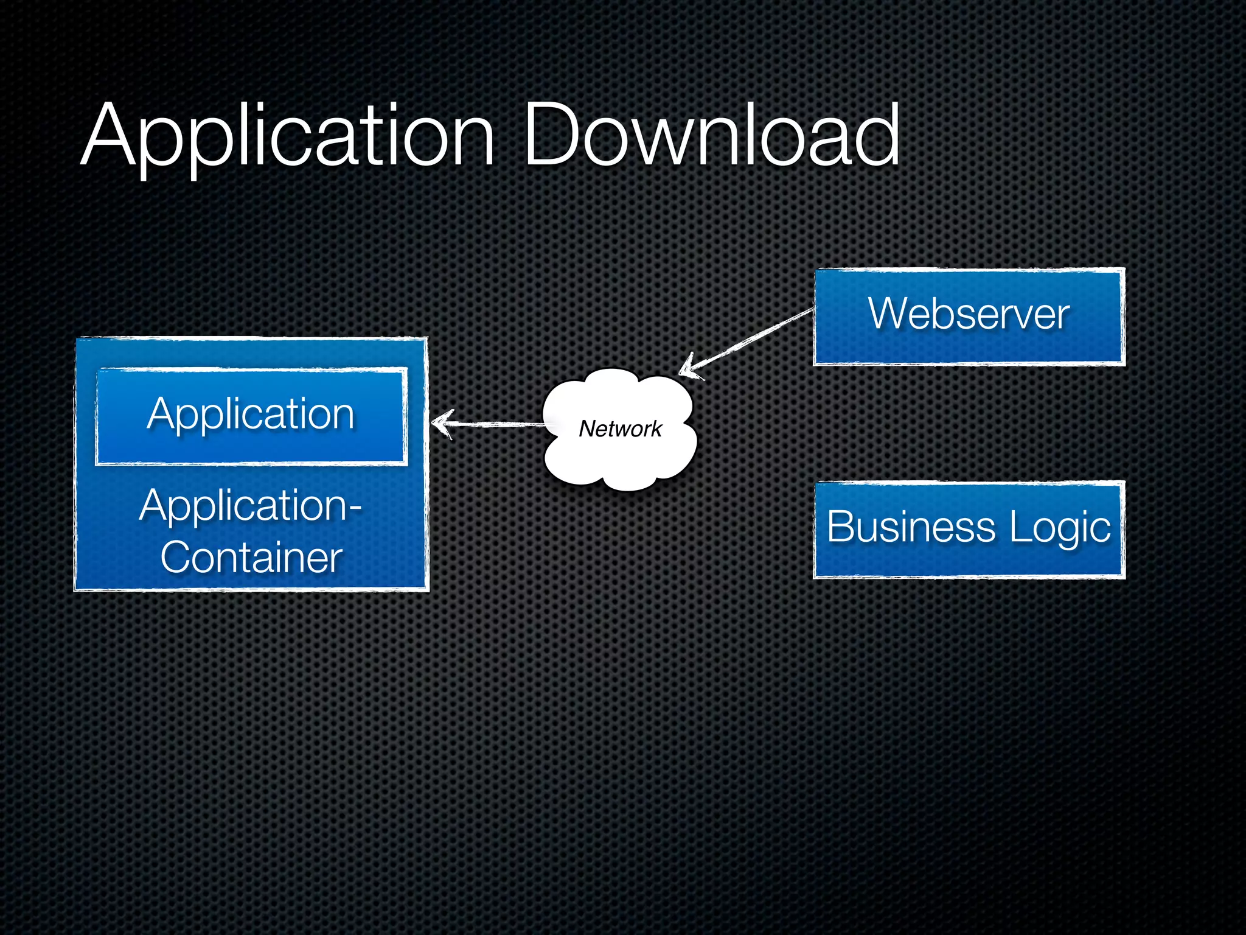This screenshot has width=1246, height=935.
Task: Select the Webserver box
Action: pyautogui.click(x=969, y=317)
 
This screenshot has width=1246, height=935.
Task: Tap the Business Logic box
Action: pyautogui.click(x=969, y=529)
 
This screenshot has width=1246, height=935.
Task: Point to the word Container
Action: pyautogui.click(x=251, y=558)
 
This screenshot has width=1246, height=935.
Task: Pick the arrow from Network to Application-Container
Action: pyautogui.click(x=493, y=424)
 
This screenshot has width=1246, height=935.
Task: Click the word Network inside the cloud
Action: pyautogui.click(x=619, y=429)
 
